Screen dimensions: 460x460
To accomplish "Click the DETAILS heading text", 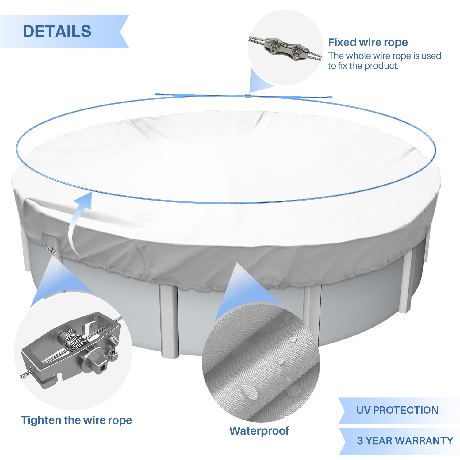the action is point(57,31).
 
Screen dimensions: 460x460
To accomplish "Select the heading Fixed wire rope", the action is point(368,42).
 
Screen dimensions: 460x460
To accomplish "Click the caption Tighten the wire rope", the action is point(76,420).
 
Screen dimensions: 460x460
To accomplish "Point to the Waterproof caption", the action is point(259,431).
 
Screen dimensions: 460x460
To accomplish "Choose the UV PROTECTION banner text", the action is point(397,410).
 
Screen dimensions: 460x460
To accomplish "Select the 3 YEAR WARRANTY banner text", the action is point(405,441).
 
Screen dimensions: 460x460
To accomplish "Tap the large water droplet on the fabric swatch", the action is point(249,391).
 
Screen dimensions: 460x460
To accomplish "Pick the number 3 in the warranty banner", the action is point(360,441).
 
